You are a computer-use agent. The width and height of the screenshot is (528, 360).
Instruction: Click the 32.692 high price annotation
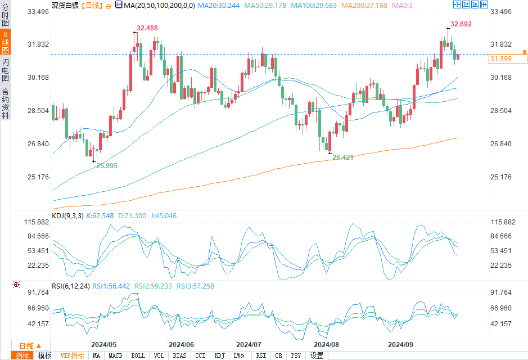461,24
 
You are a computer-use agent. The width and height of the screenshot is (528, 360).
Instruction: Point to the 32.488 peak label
147,28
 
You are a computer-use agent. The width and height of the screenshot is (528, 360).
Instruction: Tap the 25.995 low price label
107,165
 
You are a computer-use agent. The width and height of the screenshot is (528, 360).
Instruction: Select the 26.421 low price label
342,157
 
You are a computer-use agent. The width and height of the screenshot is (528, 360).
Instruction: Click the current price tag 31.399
500,59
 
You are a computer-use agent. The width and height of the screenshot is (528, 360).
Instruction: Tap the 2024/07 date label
249,344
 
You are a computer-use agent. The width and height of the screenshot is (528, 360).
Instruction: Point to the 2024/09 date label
401,344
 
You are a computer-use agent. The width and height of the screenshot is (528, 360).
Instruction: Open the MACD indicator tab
115,355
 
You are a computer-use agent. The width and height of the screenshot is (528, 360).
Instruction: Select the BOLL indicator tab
138,355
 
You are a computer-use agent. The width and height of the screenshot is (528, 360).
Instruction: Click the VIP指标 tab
72,355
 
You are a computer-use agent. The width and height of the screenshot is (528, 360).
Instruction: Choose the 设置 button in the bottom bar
317,355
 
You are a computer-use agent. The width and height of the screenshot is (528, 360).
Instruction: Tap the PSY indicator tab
296,355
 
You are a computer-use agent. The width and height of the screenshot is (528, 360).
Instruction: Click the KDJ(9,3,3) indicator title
67,215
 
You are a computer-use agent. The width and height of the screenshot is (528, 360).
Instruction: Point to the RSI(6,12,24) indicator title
71,286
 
